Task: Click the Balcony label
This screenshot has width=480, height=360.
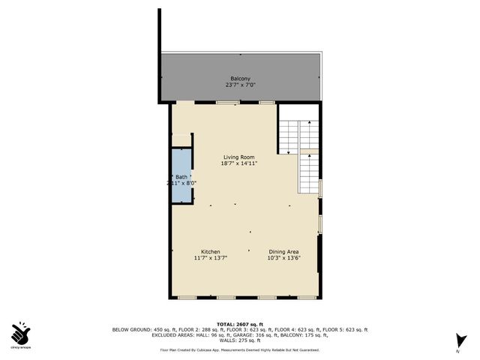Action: point(240,78)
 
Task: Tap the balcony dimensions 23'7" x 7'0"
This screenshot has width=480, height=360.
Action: point(240,85)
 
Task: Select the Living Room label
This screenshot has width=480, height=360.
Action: point(238,157)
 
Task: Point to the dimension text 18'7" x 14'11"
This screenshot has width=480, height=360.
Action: point(238,163)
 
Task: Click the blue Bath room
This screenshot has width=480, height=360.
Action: point(181,176)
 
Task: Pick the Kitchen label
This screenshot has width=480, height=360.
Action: point(210,251)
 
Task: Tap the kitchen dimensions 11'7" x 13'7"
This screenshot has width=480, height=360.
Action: point(210,258)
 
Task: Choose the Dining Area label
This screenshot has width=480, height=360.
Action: point(283,251)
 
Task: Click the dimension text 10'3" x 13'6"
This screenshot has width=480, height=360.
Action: point(283,258)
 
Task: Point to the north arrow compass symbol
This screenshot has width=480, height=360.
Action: point(459,342)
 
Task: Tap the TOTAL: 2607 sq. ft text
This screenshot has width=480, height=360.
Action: point(240,323)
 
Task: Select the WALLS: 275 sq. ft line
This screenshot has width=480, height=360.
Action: point(240,341)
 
